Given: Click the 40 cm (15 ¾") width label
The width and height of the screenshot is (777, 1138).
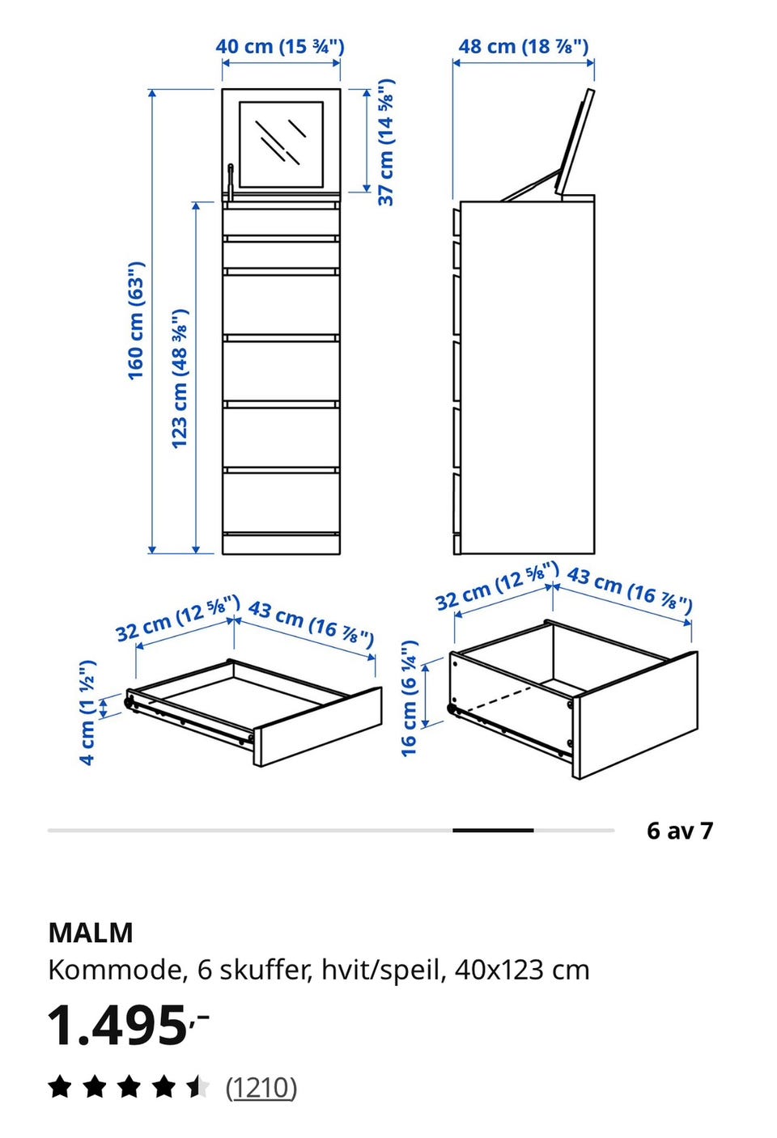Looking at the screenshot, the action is [x=280, y=47].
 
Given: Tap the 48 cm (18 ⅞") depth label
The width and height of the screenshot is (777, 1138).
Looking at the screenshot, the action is [x=523, y=47].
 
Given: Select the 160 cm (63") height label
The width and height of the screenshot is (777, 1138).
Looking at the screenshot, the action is [x=136, y=321].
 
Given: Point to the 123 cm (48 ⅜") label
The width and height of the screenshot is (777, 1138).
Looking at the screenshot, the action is [x=180, y=379].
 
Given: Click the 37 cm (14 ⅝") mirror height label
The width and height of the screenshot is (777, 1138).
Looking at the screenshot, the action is [x=386, y=142].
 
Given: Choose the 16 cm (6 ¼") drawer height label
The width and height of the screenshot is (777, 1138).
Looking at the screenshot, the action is [x=410, y=699].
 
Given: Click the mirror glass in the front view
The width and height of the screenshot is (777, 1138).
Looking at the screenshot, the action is [x=281, y=144].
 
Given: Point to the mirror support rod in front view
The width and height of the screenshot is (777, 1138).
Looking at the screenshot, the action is [x=231, y=182].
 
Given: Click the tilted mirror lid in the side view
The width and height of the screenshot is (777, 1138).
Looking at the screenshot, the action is [x=575, y=142].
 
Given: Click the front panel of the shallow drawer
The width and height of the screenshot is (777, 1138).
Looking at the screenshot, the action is [x=318, y=727].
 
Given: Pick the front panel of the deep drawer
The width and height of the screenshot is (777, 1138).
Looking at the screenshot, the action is [x=635, y=715].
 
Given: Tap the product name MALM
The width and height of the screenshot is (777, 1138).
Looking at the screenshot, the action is [x=91, y=933].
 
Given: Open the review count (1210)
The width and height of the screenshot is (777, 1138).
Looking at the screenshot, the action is [x=261, y=1088].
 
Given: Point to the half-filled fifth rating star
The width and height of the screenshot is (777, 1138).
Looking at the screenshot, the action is [x=197, y=1088].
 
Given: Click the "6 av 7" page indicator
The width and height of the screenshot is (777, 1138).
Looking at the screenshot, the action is [x=680, y=830].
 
